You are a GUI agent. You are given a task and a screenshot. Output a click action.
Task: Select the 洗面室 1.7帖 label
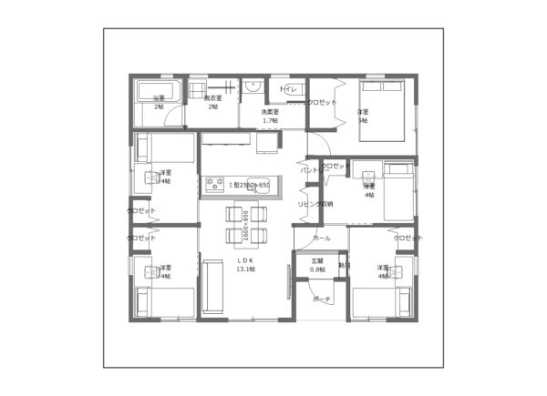point(270,116)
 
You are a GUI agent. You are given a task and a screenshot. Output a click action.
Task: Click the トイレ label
point(290,88)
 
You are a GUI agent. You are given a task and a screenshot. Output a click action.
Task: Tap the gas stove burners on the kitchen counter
point(216,184)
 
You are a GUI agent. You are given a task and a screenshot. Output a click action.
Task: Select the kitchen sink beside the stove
point(257,181)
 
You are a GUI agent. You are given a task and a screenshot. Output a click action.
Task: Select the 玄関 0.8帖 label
point(317,265)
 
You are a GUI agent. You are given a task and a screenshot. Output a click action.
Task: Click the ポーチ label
point(321,299)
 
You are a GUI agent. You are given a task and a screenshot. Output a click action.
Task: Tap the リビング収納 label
point(315,204)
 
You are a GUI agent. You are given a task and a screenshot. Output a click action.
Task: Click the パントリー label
point(310,169)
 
